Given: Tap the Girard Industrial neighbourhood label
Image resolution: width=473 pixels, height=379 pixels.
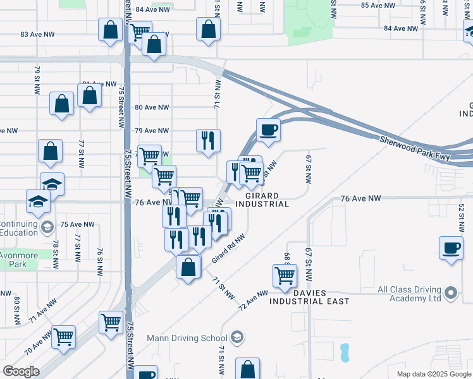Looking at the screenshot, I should click(262, 200).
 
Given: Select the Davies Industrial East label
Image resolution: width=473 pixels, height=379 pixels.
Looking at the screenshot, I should click(309, 297).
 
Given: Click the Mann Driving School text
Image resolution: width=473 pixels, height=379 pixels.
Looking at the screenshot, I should click(187, 337).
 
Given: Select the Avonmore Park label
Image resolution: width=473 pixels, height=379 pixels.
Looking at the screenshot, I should click(18, 260).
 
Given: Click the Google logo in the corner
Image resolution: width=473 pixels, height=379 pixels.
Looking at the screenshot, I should click(21, 371).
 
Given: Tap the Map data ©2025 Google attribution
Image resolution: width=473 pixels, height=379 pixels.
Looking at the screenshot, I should click(433, 374).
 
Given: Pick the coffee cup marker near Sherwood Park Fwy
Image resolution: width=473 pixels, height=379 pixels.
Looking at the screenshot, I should click(268, 129).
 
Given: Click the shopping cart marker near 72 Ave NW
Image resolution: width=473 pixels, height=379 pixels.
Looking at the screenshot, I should click(285, 275).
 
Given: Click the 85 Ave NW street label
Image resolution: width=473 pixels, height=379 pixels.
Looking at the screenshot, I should click(378, 5).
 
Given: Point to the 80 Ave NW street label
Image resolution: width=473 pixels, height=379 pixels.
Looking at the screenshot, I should click(152, 107).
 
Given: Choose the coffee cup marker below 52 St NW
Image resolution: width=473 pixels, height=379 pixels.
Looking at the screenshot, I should click(451, 248).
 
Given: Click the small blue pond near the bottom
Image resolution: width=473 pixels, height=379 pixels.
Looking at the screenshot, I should click(345, 352).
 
